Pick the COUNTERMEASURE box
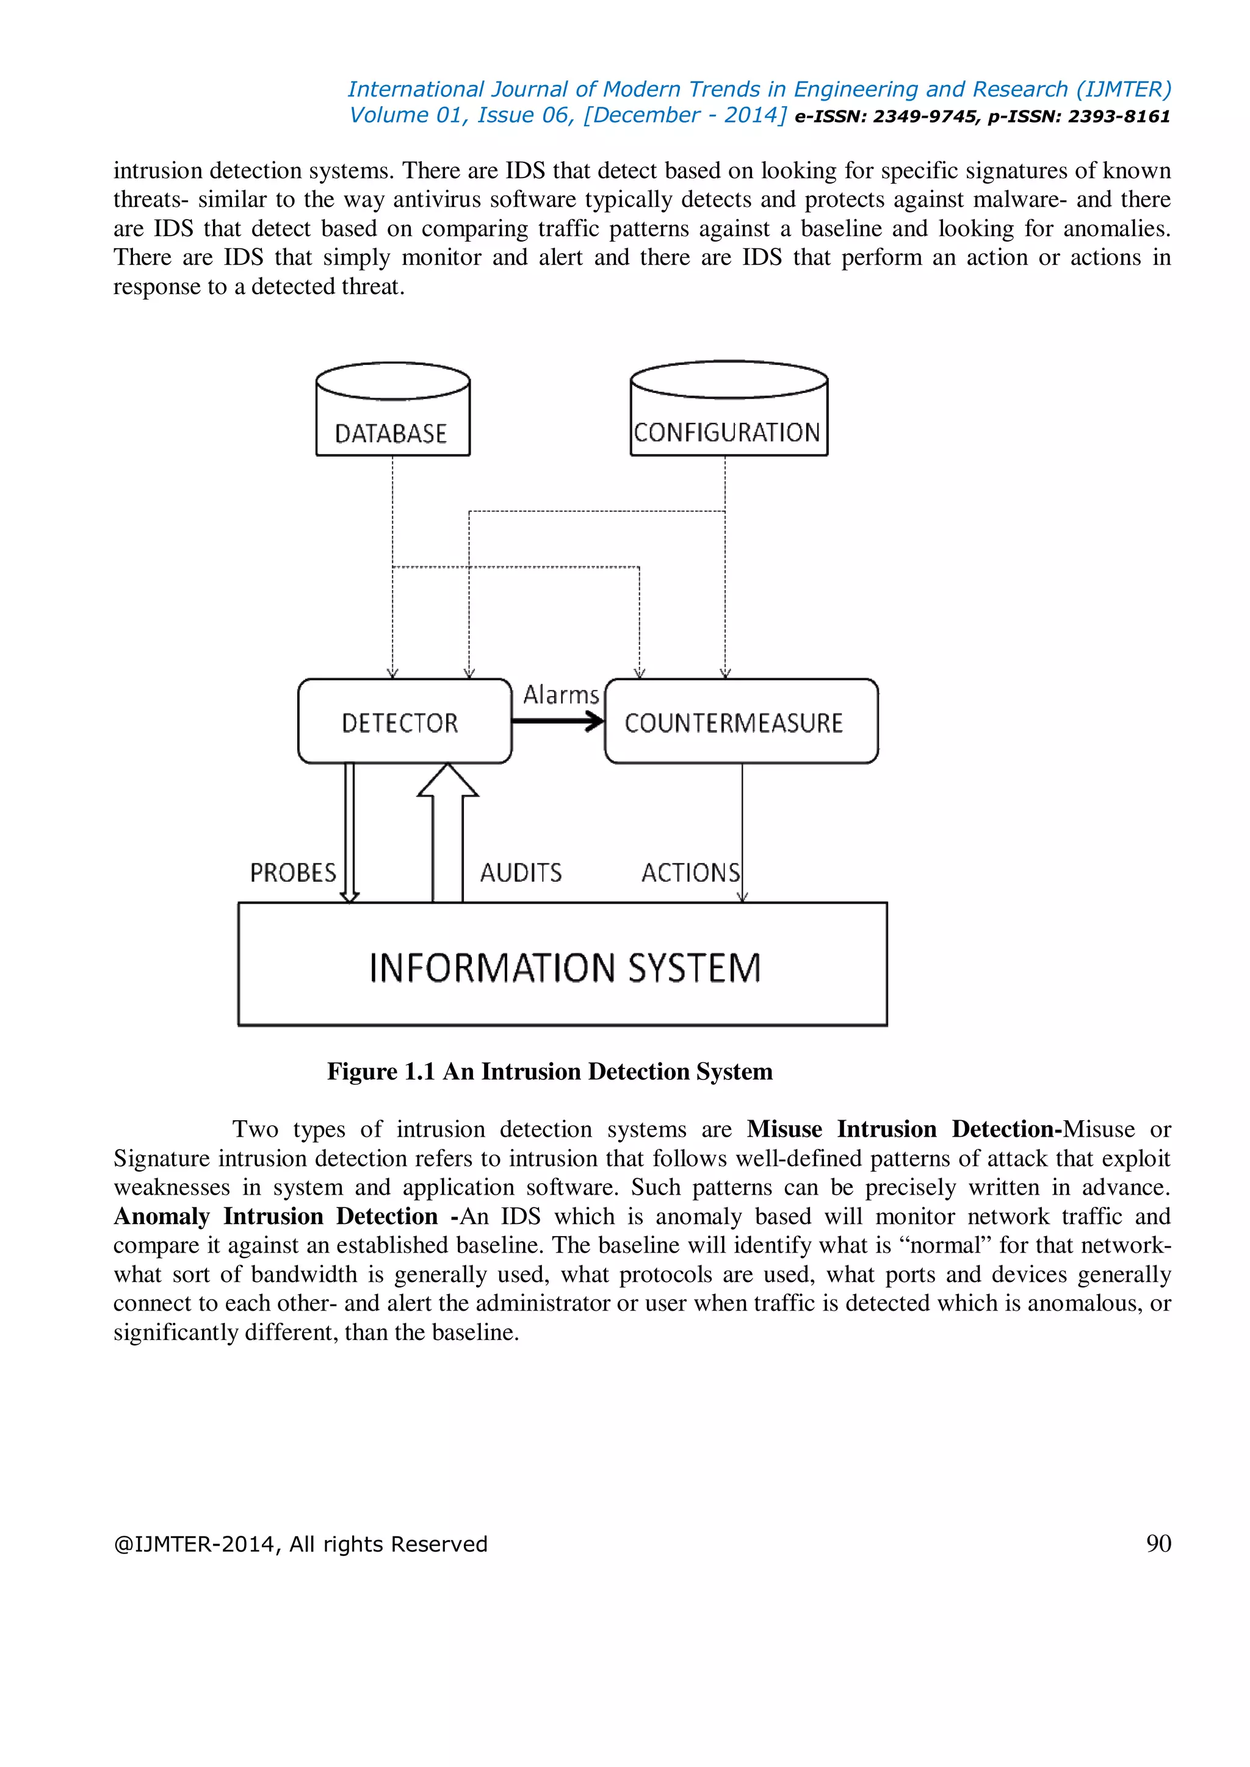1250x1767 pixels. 740,722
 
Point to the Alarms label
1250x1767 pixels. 560,695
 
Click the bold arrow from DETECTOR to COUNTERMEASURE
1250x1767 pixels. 557,721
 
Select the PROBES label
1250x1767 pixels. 292,873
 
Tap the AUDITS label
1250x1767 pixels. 520,873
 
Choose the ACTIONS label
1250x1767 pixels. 690,873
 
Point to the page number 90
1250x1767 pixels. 1158,1543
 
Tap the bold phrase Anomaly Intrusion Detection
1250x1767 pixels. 275,1216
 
